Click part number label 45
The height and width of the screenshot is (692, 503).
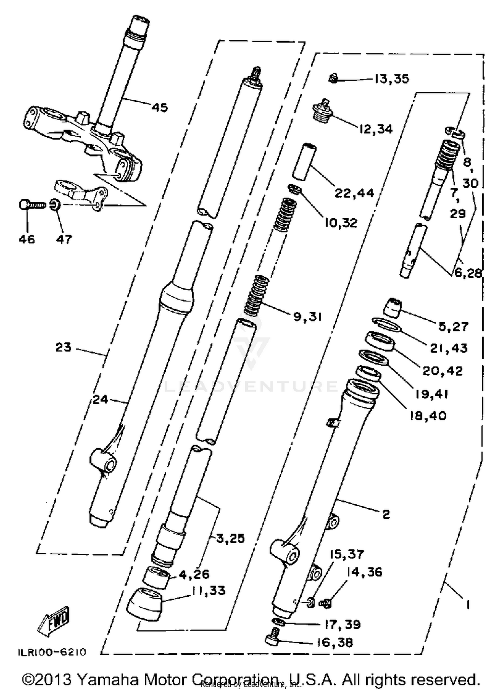coord(160,108)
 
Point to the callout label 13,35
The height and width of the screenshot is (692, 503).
coord(391,79)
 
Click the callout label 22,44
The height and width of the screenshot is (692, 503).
coord(354,193)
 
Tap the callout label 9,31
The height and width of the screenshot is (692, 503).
coord(308,317)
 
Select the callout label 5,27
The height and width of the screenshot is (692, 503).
coord(453,326)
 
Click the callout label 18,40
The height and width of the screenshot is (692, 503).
coord(428,416)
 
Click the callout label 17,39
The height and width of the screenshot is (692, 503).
coord(342,624)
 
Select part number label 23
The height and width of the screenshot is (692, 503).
coord(63,347)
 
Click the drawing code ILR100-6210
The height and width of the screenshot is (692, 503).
coord(52,652)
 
